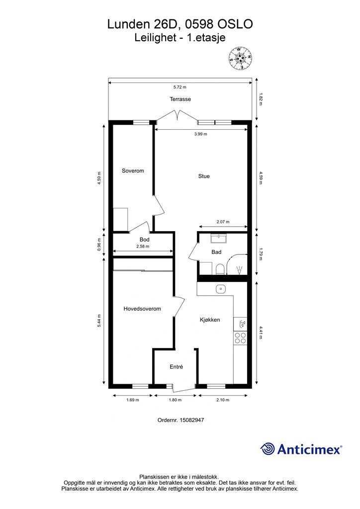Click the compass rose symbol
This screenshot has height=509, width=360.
pyautogui.click(x=241, y=58)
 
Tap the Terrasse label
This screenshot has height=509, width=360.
pyautogui.click(x=180, y=99)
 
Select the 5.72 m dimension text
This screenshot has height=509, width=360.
pyautogui.click(x=180, y=87)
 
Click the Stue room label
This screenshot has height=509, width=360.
pyautogui.click(x=204, y=176)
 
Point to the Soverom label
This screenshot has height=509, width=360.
pyautogui.click(x=133, y=170)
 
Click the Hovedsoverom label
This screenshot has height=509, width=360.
pyautogui.click(x=142, y=309)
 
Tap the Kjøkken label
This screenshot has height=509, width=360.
pyautogui.click(x=210, y=320)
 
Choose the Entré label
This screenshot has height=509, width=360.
pyautogui.click(x=176, y=367)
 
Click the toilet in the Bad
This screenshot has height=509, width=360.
pyautogui.click(x=220, y=269)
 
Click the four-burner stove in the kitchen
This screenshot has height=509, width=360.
pyautogui.click(x=241, y=338)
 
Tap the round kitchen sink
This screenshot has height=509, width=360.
pyautogui.click(x=221, y=289)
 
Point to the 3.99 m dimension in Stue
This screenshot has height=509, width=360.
pyautogui.click(x=200, y=134)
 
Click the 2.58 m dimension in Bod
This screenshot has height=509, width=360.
pyautogui.click(x=143, y=247)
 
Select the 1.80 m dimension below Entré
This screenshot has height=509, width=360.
pyautogui.click(x=175, y=400)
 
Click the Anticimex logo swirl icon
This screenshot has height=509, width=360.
pyautogui.click(x=267, y=449)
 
